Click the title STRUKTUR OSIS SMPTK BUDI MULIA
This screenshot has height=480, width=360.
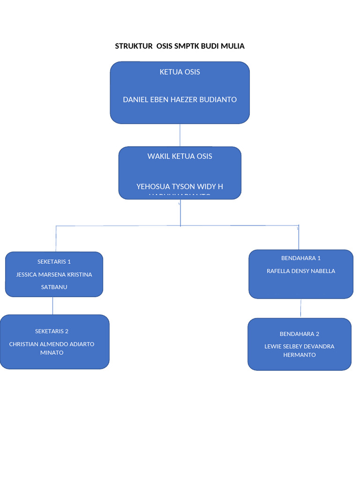[180, 46]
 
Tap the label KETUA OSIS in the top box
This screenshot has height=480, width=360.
[180, 72]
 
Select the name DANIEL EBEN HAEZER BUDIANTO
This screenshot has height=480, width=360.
[180, 99]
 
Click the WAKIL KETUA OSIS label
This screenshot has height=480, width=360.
[180, 156]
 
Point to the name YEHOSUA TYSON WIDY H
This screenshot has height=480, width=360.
[180, 187]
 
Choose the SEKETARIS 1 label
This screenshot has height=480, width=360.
[54, 262]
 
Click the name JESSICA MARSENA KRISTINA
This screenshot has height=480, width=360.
[54, 275]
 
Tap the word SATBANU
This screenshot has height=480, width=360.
[54, 287]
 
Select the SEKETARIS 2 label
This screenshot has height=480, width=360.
[52, 331]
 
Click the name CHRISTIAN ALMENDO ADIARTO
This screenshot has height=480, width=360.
[52, 344]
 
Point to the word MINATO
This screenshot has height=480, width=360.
[52, 353]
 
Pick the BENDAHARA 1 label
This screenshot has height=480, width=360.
[300, 258]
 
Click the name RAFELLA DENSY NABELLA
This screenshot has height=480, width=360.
[300, 271]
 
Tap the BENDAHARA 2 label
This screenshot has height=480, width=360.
[299, 334]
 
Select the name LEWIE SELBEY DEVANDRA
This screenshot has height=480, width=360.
[299, 346]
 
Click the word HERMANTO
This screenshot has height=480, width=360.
[299, 355]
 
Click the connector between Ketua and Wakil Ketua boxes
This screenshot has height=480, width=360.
[180, 135]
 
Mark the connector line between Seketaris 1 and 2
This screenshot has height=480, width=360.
[53, 306]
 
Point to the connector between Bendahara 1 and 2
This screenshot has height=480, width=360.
[300, 308]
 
